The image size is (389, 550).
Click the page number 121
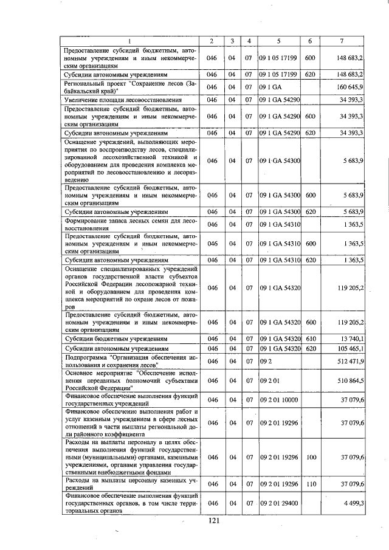point(213,520)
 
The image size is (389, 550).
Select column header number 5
point(278,41)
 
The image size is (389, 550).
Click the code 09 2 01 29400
point(279,503)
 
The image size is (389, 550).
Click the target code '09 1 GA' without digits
point(270,86)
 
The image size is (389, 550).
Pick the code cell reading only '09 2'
point(265,361)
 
